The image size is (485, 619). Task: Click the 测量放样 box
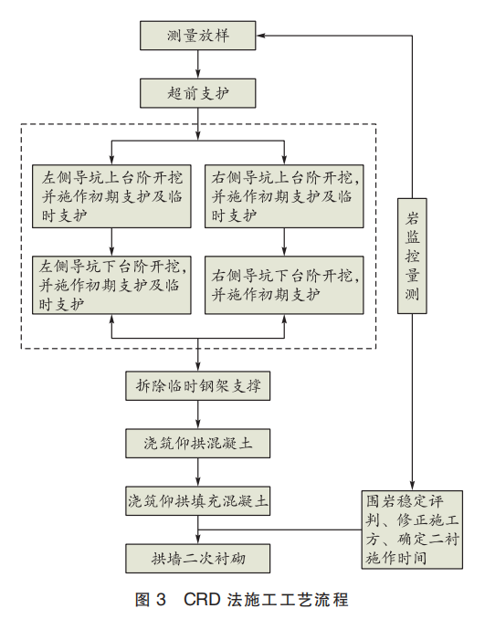tap(197, 37)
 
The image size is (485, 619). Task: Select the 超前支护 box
tap(197, 93)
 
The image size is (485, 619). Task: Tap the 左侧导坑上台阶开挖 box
tap(111, 194)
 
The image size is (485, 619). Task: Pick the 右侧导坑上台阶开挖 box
tap(286, 194)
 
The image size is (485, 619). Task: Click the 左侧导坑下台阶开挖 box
tap(111, 285)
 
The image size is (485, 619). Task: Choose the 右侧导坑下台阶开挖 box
tap(286, 285)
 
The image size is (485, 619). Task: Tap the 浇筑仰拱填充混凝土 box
tap(197, 500)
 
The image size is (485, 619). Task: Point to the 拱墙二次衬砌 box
tap(197, 557)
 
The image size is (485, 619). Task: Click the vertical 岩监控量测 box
tap(413, 256)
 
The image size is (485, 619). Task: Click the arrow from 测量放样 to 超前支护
tap(197, 65)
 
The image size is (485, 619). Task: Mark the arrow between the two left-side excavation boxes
tap(111, 240)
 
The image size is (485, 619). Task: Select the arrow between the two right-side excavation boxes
tap(286, 240)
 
